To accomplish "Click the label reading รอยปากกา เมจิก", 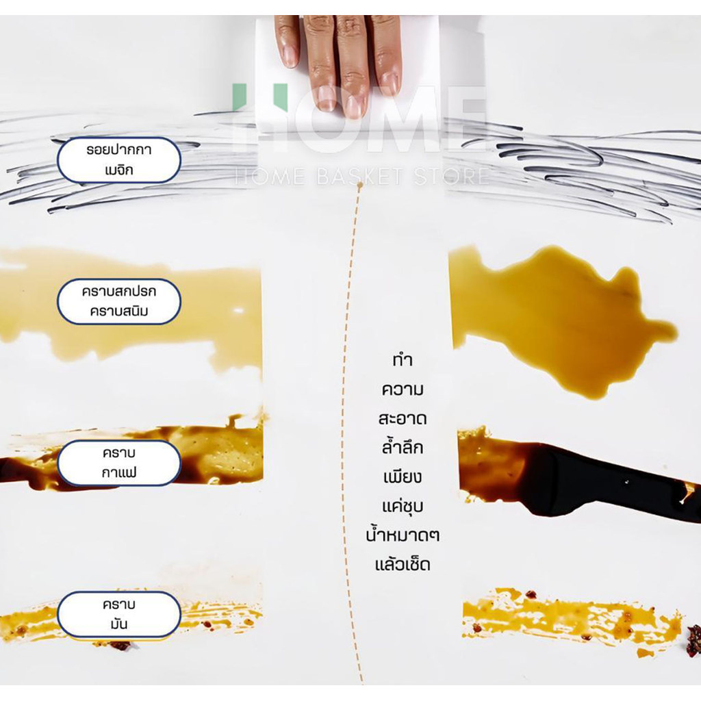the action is (119, 160).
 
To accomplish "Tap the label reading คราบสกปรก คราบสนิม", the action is (119, 301).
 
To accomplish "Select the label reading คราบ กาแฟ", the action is (119, 463).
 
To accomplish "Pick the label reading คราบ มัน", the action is (119, 614).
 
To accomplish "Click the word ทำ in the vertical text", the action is (403, 360).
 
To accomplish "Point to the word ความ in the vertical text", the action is (403, 390).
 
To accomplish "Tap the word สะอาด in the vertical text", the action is (403, 418).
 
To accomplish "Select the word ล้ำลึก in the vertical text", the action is (403, 446).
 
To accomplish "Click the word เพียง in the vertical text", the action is (403, 476).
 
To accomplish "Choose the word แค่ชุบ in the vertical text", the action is (403, 506).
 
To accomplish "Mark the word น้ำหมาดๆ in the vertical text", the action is (403, 535).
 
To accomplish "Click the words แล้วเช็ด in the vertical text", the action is (403, 564).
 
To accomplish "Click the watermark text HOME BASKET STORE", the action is (361, 176).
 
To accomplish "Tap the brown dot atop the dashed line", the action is (359, 185).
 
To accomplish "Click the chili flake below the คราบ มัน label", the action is (120, 645).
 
